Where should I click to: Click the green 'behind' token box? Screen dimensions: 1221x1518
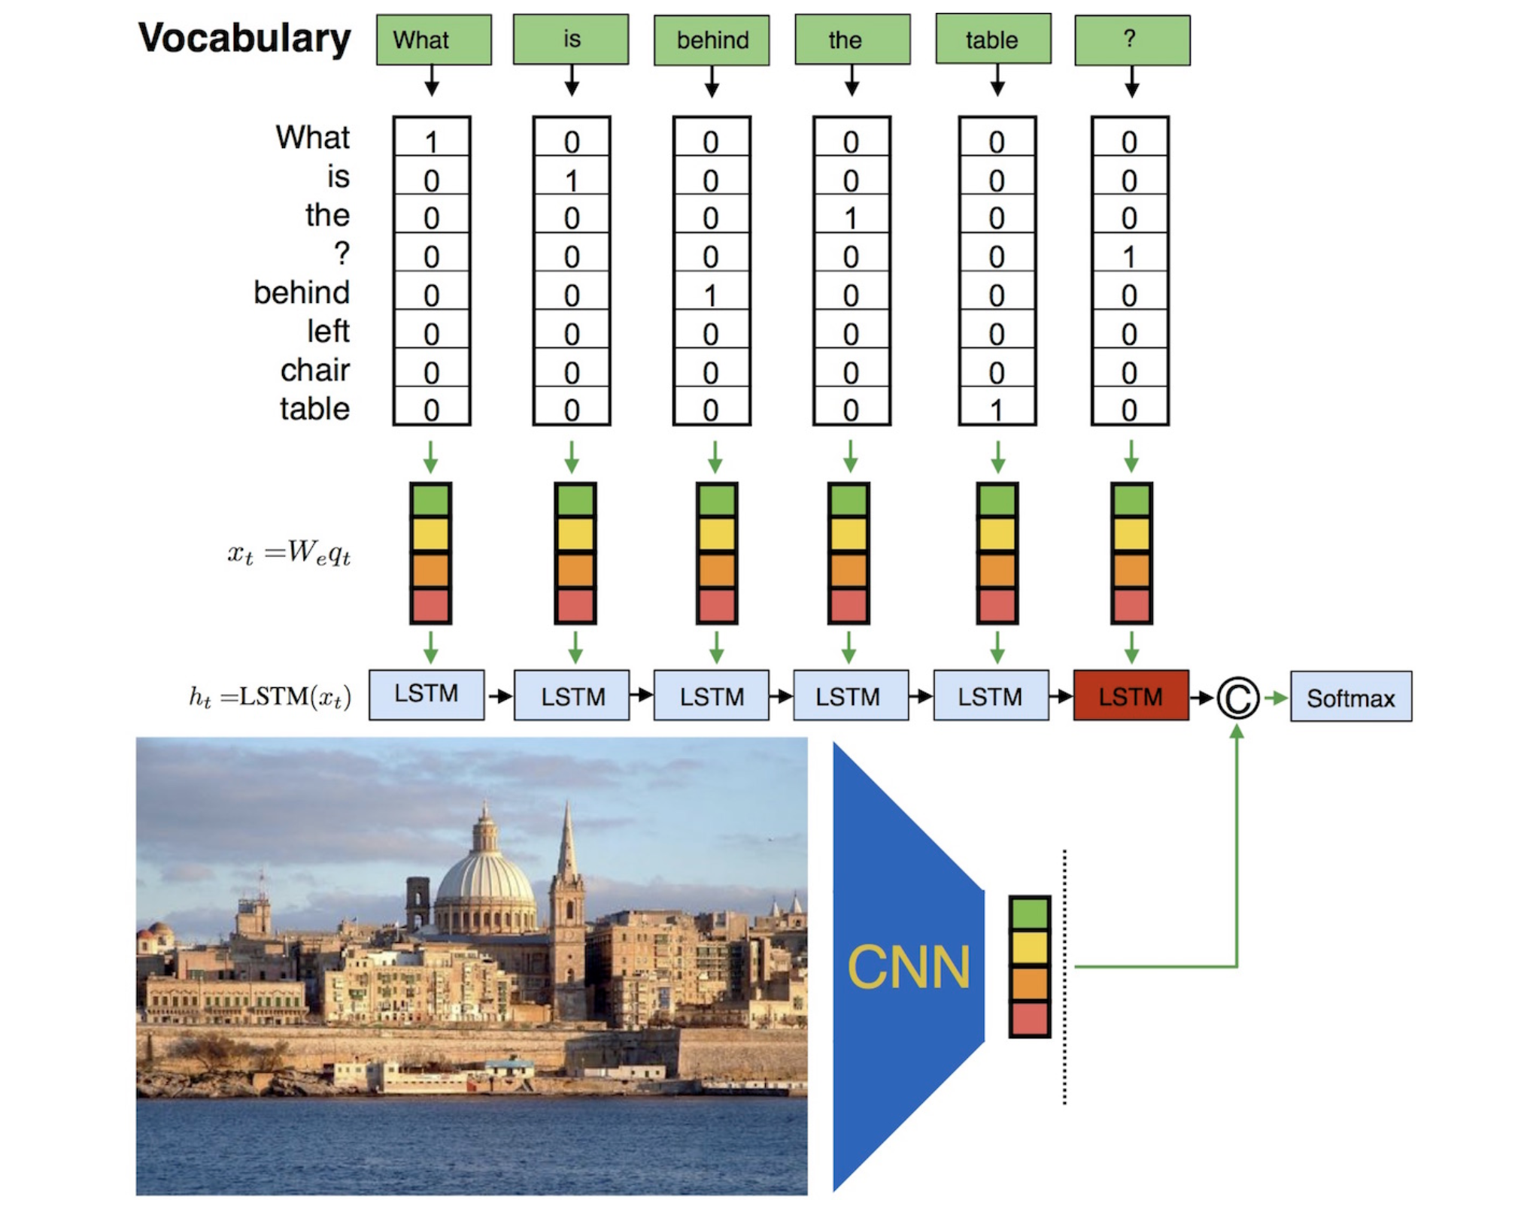tap(711, 40)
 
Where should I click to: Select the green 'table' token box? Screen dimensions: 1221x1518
tap(992, 39)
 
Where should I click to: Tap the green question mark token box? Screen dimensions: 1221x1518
tap(1131, 39)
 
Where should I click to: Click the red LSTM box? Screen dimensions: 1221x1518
tap(1130, 696)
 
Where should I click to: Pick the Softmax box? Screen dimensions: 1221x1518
tap(1350, 698)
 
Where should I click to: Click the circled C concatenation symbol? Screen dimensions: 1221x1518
tap(1237, 698)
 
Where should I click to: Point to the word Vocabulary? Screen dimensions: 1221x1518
tap(244, 38)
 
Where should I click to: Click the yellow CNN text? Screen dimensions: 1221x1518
tap(909, 967)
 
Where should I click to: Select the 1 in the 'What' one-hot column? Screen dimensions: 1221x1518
tap(431, 141)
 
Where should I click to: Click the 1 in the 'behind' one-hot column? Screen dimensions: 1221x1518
tap(711, 295)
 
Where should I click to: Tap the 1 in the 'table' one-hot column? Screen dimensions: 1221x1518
tap(997, 411)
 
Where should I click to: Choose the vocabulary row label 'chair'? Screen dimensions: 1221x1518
tap(314, 371)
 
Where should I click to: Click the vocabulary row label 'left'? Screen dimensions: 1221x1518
tap(328, 332)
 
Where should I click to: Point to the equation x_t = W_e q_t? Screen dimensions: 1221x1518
tap(289, 554)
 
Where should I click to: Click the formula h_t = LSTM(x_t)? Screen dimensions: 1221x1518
tap(269, 697)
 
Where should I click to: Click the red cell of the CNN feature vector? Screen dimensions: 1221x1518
tap(1029, 1020)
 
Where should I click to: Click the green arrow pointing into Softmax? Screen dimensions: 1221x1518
tap(1276, 698)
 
